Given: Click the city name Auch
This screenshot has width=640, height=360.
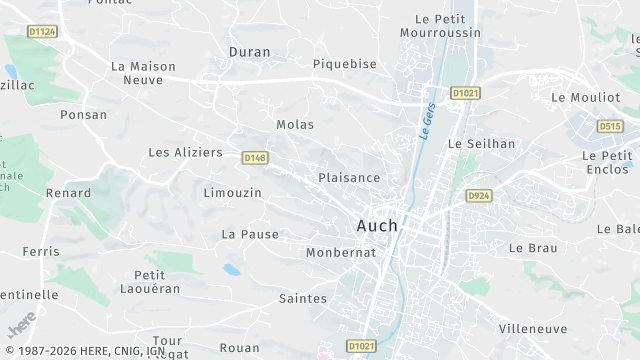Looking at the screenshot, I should click(x=377, y=226).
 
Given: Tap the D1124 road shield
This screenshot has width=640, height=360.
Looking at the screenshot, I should click(x=42, y=32).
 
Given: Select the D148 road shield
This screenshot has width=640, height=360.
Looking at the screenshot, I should click(x=255, y=157).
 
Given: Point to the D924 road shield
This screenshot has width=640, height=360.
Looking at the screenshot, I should click(x=479, y=196).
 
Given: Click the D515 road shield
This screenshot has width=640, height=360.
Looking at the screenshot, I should click(x=609, y=126).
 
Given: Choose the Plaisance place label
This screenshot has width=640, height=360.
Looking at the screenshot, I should click(x=349, y=177).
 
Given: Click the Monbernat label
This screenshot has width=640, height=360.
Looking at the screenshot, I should click(x=341, y=252).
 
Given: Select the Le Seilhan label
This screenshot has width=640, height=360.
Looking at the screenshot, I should click(x=481, y=143).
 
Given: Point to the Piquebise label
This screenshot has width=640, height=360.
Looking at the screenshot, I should click(x=344, y=64).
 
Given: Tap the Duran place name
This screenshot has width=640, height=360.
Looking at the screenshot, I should click(x=249, y=51).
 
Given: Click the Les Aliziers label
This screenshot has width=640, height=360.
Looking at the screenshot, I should click(x=185, y=152).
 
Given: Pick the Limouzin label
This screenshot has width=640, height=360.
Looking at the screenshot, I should click(x=232, y=192).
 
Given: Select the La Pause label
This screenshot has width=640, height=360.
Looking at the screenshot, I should click(x=250, y=234).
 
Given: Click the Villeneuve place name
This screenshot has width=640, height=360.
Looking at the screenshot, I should click(x=533, y=328).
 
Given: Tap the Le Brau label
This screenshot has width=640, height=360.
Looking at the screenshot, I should click(x=533, y=247).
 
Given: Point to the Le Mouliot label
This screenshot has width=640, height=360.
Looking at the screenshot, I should click(x=586, y=97).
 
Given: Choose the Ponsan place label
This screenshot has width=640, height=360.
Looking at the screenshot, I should click(x=83, y=115).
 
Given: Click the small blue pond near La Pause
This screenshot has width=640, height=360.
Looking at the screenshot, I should click(x=231, y=269).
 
